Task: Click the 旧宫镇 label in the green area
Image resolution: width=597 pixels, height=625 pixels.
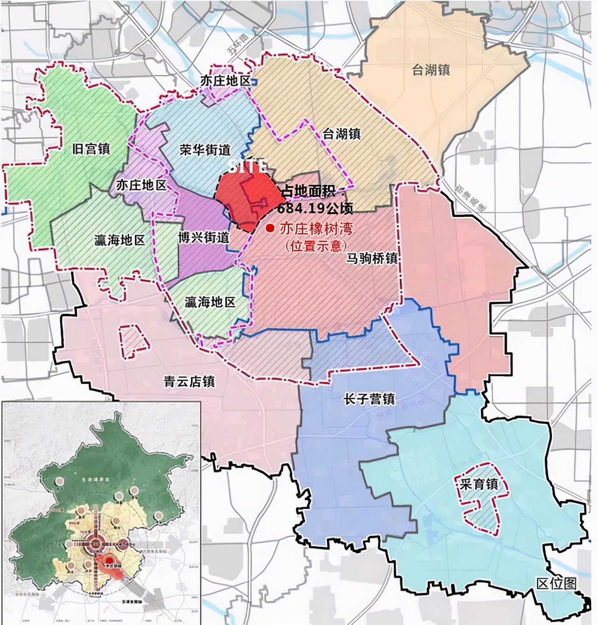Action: tap(91, 149)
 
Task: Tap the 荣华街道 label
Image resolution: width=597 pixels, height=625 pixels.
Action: tap(205, 150)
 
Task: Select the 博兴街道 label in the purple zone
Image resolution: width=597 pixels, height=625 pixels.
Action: tap(204, 237)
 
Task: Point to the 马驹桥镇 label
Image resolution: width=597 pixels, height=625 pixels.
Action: tap(371, 258)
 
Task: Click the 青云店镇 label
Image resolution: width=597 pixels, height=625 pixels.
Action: tap(189, 382)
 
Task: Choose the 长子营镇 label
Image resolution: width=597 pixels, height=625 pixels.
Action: tap(369, 399)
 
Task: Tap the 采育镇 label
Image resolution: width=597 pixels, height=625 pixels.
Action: tap(479, 484)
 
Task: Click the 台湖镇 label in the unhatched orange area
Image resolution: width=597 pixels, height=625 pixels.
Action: tap(431, 70)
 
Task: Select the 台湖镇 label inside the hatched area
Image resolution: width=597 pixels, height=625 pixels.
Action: tap(342, 134)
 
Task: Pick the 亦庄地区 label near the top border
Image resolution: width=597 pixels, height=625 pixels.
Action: tap(225, 81)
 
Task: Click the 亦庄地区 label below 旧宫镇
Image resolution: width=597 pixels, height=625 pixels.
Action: tap(141, 185)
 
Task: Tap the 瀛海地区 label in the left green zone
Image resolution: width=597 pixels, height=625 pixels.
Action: tap(120, 241)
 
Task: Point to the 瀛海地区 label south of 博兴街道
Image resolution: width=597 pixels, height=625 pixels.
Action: tap(210, 302)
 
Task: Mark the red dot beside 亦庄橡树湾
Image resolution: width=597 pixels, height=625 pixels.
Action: tap(270, 229)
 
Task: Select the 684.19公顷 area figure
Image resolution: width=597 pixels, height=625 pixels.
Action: tap(315, 208)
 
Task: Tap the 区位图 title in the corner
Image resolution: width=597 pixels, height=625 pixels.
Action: tap(556, 583)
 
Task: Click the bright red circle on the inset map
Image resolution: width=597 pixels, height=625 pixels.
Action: tap(109, 561)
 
